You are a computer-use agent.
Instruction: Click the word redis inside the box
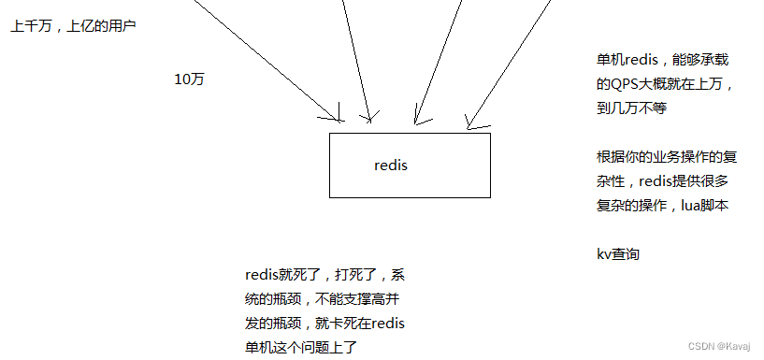click(391, 166)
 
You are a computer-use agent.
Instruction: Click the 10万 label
click(189, 79)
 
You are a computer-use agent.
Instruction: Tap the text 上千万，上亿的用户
click(74, 26)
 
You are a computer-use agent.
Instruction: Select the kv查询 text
click(618, 253)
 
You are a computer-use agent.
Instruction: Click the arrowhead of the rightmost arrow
click(470, 124)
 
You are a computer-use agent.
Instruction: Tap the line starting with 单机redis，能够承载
click(662, 59)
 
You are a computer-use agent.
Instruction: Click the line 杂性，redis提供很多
click(662, 180)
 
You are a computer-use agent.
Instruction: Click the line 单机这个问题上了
click(301, 347)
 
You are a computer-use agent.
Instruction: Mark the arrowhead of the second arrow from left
click(370, 120)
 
